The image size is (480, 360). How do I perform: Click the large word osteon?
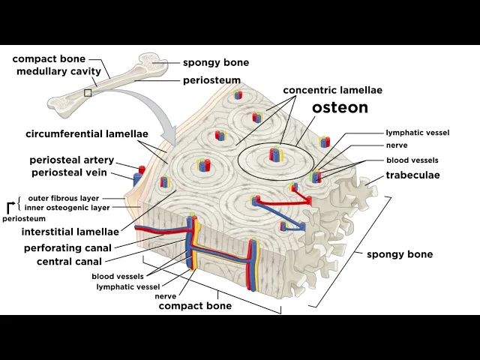click(x=340, y=107)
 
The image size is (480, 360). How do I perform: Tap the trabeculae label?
click(x=412, y=175)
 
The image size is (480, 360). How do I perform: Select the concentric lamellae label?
click(x=332, y=90)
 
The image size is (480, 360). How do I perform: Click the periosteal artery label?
click(x=71, y=160)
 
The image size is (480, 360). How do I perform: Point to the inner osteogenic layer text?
click(x=67, y=207)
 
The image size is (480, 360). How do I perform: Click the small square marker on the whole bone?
click(x=88, y=93)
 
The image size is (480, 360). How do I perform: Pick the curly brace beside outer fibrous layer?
click(x=19, y=202)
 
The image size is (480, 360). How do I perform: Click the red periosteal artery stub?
click(x=140, y=168)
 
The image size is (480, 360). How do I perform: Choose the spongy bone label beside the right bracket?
click(x=400, y=254)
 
